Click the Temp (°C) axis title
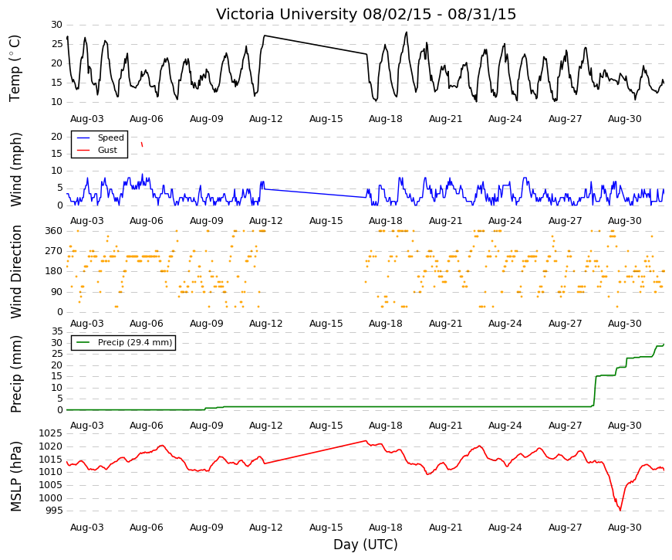(x=15, y=68)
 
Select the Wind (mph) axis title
(x=15, y=169)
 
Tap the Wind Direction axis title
(x=15, y=272)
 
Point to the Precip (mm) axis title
(x=15, y=374)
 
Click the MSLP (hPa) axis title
(x=15, y=477)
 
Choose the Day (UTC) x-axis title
(x=366, y=545)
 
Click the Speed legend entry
(x=100, y=137)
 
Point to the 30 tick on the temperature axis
(x=56, y=25)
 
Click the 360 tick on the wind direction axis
(x=54, y=231)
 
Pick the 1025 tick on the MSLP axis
(x=51, y=433)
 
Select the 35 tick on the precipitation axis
(x=57, y=331)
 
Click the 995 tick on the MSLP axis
(x=54, y=511)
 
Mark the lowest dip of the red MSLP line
(x=620, y=511)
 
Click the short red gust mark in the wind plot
(x=142, y=144)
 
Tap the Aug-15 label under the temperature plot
(x=326, y=119)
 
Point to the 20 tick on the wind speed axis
(x=56, y=137)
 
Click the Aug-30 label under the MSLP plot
(x=624, y=528)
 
